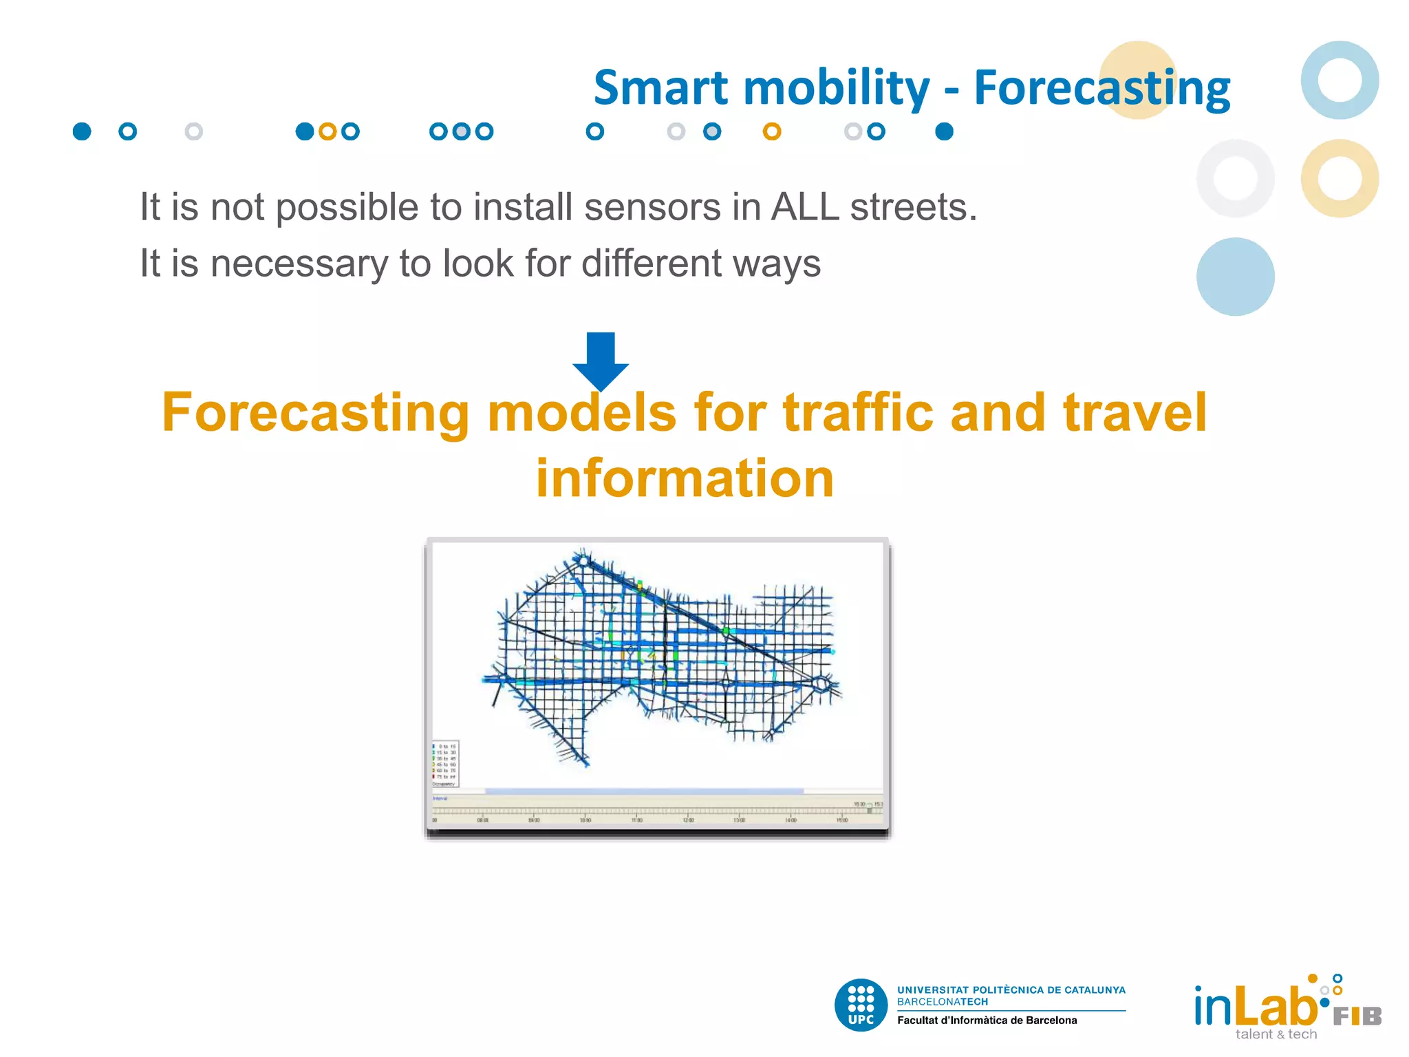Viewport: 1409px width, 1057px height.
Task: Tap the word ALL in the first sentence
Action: (x=805, y=206)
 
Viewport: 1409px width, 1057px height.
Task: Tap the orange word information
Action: (x=685, y=478)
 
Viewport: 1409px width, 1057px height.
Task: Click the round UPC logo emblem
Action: (x=861, y=1005)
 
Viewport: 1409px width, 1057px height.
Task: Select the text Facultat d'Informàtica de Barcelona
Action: (x=987, y=1021)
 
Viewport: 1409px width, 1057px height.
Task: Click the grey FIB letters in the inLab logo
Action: (x=1357, y=1016)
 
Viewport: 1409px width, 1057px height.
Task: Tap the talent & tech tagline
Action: (x=1276, y=1035)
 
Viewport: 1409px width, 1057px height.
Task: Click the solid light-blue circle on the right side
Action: (x=1235, y=277)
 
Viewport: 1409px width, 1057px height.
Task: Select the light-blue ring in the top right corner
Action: (x=1340, y=80)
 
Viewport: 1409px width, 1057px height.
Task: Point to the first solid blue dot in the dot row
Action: (x=82, y=131)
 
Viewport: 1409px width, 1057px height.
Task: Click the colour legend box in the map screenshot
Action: (x=445, y=764)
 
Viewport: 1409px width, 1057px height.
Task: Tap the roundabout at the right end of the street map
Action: (x=821, y=684)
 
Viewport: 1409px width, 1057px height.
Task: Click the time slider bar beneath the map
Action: (x=657, y=810)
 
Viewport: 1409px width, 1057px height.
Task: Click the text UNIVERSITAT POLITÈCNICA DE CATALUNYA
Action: (x=1011, y=990)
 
